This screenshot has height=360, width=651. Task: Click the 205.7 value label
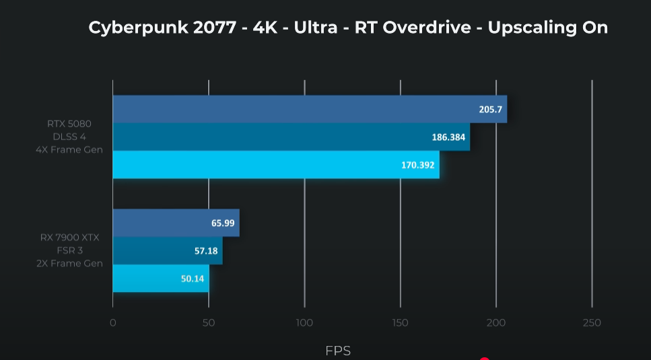pos(491,109)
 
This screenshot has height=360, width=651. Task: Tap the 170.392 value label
pos(418,164)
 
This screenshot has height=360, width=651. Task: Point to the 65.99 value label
pos(223,223)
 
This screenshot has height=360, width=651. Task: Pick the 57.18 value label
pos(206,251)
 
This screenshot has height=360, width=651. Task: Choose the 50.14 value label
pos(193,278)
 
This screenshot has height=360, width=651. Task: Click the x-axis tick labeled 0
pos(112,323)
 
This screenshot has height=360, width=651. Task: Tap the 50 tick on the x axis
pos(209,323)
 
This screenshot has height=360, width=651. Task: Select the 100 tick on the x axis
pos(304,323)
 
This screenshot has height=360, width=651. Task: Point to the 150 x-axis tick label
pos(400,323)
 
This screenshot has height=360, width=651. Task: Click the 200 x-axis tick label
pos(496,323)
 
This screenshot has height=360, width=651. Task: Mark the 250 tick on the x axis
pos(592,323)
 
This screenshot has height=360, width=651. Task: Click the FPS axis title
pos(338,351)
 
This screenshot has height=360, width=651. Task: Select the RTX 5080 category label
pos(69,124)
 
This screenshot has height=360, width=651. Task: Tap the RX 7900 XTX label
pos(69,238)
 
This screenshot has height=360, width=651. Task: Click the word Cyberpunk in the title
pos(126,28)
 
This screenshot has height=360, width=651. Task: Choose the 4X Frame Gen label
pos(69,149)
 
